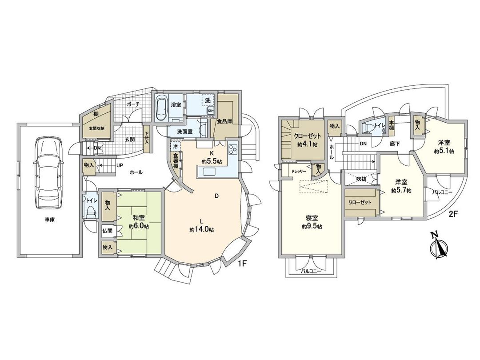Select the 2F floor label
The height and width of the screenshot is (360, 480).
click(x=452, y=214)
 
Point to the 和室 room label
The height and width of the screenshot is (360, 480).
click(x=138, y=218)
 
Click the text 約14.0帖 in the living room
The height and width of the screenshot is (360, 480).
click(x=201, y=230)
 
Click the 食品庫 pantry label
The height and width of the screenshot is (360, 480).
click(x=224, y=120)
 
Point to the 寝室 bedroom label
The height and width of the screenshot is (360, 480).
click(x=312, y=218)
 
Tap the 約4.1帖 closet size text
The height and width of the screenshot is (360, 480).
click(x=307, y=144)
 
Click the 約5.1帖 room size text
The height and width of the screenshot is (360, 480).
click(x=444, y=151)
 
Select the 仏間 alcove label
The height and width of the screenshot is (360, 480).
click(x=107, y=231)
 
